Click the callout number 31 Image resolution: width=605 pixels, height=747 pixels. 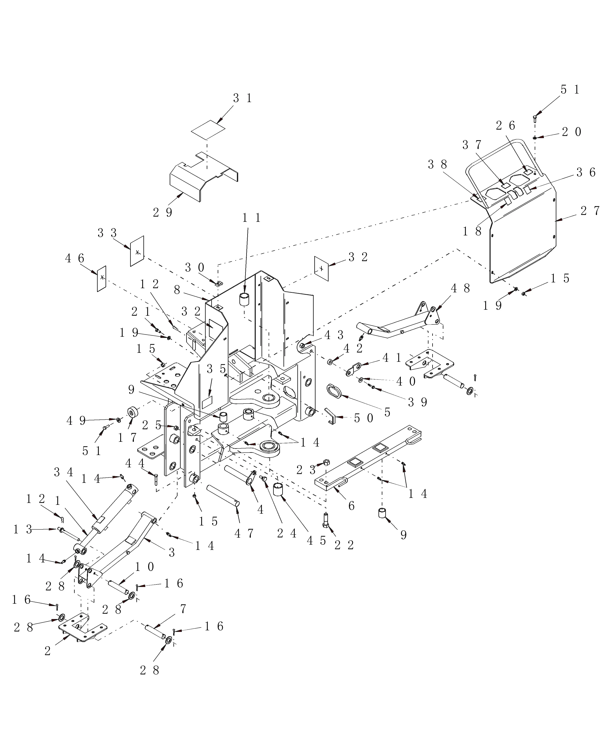click(242, 99)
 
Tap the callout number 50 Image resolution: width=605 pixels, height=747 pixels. click(364, 418)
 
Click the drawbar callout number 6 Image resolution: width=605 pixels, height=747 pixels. click(351, 506)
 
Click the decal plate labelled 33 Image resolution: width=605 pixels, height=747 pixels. click(137, 251)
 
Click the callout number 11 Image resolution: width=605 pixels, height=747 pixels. click(252, 218)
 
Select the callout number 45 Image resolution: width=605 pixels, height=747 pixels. click(316, 541)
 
